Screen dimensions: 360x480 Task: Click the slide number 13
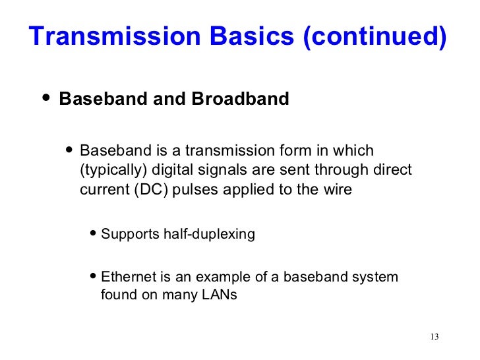tap(433, 337)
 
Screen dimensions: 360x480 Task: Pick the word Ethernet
tap(126, 276)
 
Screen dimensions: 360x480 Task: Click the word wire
tap(337, 190)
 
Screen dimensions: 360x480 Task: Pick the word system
tap(376, 276)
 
